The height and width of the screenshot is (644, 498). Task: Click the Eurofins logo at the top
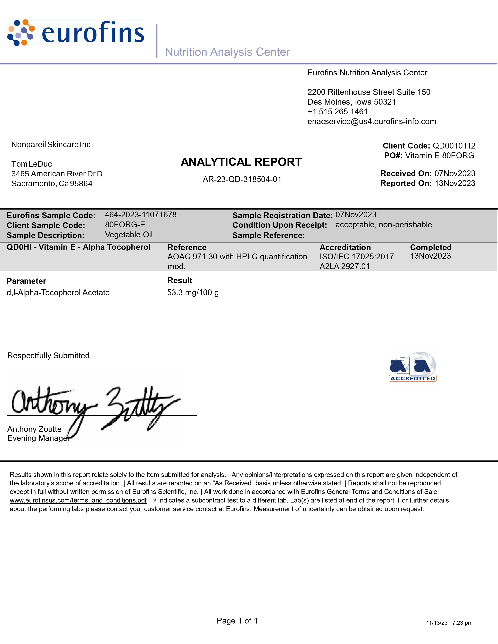tap(76, 33)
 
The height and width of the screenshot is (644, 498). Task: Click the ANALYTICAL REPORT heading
tap(241, 162)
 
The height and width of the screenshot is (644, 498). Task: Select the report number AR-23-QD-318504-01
tap(242, 179)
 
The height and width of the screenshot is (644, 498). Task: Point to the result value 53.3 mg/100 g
tap(193, 293)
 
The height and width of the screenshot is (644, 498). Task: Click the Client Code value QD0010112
tap(454, 146)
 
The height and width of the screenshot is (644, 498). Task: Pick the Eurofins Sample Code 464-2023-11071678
tap(141, 215)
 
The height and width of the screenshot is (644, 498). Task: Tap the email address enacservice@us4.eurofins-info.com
tap(371, 122)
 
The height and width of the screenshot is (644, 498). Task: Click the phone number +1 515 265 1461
tap(337, 112)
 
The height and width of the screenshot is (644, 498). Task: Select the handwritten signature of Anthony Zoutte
tap(94, 406)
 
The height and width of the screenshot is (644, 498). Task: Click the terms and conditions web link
tap(78, 500)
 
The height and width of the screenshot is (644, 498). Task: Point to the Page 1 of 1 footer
tap(237, 621)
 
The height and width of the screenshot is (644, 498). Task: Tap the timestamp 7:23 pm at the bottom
tap(462, 623)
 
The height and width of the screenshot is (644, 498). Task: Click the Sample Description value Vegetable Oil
tap(129, 235)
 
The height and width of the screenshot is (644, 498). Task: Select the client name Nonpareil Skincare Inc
tap(51, 144)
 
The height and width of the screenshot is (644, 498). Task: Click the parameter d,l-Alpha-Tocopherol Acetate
tap(58, 293)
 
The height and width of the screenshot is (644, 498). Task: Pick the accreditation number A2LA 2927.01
tap(344, 266)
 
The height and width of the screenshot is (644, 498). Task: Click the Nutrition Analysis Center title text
tap(227, 52)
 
